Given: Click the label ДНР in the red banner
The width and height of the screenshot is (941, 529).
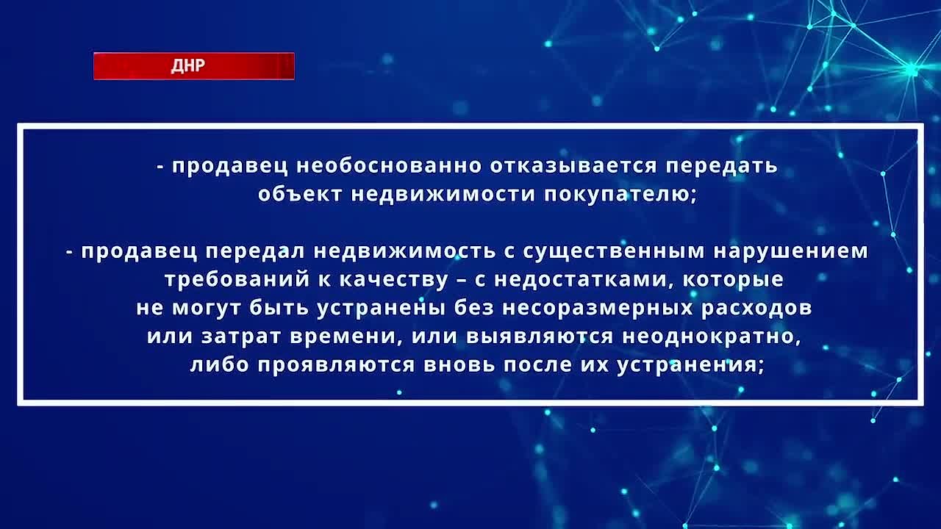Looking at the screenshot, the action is coord(187,66).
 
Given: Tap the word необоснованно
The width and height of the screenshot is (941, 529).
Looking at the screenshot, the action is coord(389,166).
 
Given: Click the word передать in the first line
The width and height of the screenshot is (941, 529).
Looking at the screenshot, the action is coord(721,167).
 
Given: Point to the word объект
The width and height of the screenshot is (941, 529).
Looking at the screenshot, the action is coord(300,195).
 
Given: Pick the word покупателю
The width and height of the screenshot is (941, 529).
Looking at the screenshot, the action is coord(617,195).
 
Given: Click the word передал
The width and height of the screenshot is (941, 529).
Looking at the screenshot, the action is coord(255,252).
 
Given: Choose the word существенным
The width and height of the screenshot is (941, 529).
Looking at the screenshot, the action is coord(614,252).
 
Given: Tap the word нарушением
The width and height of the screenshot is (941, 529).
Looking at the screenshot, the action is coord(790,252).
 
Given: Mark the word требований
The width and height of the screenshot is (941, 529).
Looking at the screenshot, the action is coord(237,280).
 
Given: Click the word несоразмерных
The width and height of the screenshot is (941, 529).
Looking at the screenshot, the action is coord(598,308).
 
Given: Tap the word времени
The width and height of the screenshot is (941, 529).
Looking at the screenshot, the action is coord(343,337).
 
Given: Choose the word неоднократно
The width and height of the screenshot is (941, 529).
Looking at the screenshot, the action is coord(711,337).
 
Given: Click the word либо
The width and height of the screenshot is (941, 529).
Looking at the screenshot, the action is coord(219,364).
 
